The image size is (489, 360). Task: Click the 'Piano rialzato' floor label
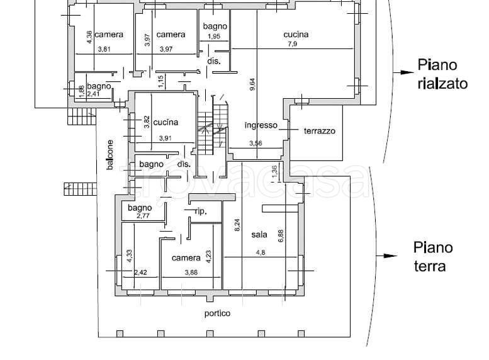[442, 74]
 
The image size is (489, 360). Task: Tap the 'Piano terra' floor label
[433, 257]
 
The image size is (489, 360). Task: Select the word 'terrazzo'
[320, 131]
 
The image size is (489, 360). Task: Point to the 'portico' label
[217, 313]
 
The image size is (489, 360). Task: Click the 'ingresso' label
[261, 125]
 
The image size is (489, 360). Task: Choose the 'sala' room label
[259, 234]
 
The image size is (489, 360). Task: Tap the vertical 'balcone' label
[110, 155]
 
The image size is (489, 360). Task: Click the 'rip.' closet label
[201, 211]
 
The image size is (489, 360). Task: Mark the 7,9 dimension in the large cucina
[292, 43]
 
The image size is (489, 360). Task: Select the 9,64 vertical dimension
[252, 84]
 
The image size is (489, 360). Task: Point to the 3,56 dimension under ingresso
[256, 143]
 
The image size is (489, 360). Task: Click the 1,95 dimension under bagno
[214, 36]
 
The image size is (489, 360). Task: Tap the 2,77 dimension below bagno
[143, 216]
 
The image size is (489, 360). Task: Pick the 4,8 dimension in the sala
[261, 252]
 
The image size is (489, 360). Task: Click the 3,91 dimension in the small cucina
[166, 138]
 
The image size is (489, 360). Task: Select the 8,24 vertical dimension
[237, 225]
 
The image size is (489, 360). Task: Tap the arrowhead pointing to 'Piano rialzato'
[407, 72]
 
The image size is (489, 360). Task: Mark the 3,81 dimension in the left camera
[104, 49]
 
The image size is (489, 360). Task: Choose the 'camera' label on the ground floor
[186, 257]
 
